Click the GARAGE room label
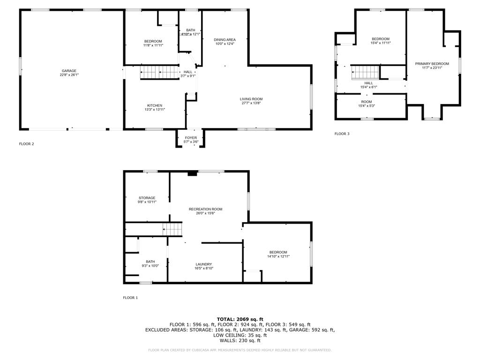pyautogui.click(x=69, y=71)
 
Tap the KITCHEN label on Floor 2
pyautogui.click(x=155, y=105)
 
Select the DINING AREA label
pyautogui.click(x=225, y=40)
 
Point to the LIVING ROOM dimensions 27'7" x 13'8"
pyautogui.click(x=251, y=103)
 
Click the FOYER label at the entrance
pyautogui.click(x=191, y=138)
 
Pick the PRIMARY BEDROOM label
pyautogui.click(x=432, y=64)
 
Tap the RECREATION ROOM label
pyautogui.click(x=205, y=209)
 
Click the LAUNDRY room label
pyautogui.click(x=203, y=264)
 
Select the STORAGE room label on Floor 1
pyautogui.click(x=147, y=198)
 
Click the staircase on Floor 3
pyautogui.click(x=365, y=72)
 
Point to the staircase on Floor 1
pyautogui.click(x=172, y=230)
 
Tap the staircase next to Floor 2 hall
pyautogui.click(x=153, y=73)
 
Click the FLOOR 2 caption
pyautogui.click(x=26, y=144)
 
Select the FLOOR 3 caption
pyautogui.click(x=342, y=134)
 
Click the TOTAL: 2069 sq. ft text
pyautogui.click(x=240, y=319)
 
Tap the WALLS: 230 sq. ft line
pyautogui.click(x=240, y=341)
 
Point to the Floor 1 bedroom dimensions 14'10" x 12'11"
pyautogui.click(x=278, y=256)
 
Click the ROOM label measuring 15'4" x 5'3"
pyautogui.click(x=367, y=102)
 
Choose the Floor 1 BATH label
pyautogui.click(x=150, y=262)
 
